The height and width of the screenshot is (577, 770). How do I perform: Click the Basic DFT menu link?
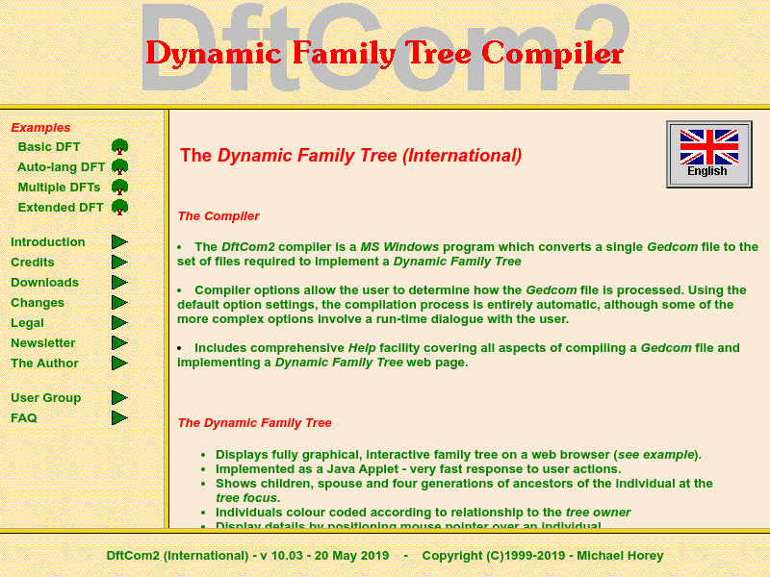coord(49,147)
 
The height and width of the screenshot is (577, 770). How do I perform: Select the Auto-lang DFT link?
coord(62,167)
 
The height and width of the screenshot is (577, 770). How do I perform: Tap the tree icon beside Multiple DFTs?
coord(119,188)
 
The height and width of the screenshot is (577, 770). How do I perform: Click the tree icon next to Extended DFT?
coord(119,208)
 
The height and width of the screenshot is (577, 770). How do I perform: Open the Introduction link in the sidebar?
coord(48,242)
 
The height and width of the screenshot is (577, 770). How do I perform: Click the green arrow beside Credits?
coord(119,263)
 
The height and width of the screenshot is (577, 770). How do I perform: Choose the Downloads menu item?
coord(44,283)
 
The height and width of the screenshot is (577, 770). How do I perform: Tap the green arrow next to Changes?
coord(119,303)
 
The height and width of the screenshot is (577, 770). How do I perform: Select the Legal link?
coord(27,323)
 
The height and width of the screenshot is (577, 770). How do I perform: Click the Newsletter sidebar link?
coord(42,343)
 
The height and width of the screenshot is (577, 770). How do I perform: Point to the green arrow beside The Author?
coord(119,364)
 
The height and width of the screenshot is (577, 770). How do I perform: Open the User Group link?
coord(45,398)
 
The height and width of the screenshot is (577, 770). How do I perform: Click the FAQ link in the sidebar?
coord(24,418)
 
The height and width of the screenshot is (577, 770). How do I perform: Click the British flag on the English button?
coord(708,147)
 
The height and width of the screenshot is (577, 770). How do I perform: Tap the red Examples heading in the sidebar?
coord(40,128)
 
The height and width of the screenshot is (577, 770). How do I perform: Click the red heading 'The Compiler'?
coord(218,216)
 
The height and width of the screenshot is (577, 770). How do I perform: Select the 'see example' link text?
coord(657,455)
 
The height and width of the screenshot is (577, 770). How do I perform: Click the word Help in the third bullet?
coord(362,348)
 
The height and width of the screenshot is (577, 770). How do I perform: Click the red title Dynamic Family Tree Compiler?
coord(384,53)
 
